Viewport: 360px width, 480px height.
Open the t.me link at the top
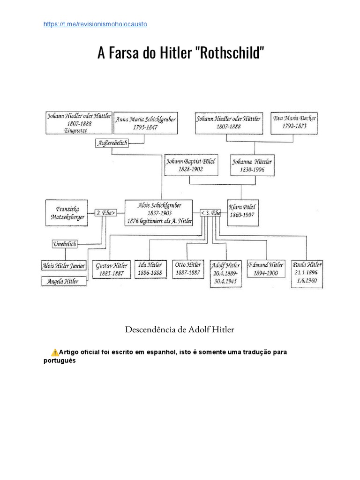95,24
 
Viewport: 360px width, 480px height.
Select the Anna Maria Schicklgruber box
146,123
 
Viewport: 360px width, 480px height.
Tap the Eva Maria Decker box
294,122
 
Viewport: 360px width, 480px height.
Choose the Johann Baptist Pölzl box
191,165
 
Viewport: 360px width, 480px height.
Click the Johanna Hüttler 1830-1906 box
251,165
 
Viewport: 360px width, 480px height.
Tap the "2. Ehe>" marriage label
105,212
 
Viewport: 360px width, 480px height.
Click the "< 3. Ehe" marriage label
211,212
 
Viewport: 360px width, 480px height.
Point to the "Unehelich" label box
64,243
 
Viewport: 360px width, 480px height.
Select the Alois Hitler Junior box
64,266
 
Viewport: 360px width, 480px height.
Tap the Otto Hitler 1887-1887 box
188,269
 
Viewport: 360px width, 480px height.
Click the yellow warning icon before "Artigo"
55,352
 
